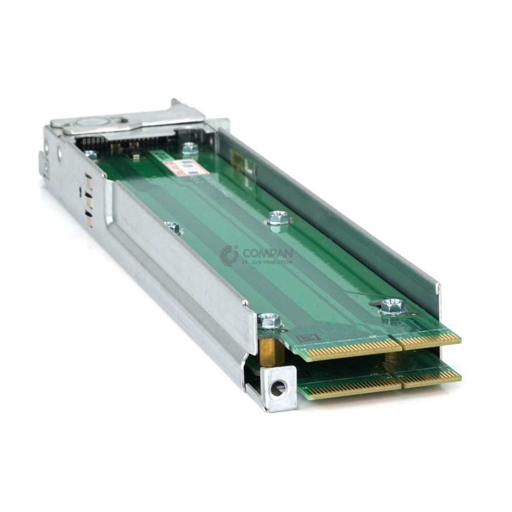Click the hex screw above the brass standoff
click(x=269, y=321)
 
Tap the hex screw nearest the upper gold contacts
click(x=392, y=306)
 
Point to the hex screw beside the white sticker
click(x=190, y=148)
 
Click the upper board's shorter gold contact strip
click(x=429, y=339)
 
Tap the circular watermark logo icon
click(x=229, y=254)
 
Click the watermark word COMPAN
click(x=267, y=253)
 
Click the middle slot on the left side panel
click(x=89, y=202)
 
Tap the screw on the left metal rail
click(x=173, y=227)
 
